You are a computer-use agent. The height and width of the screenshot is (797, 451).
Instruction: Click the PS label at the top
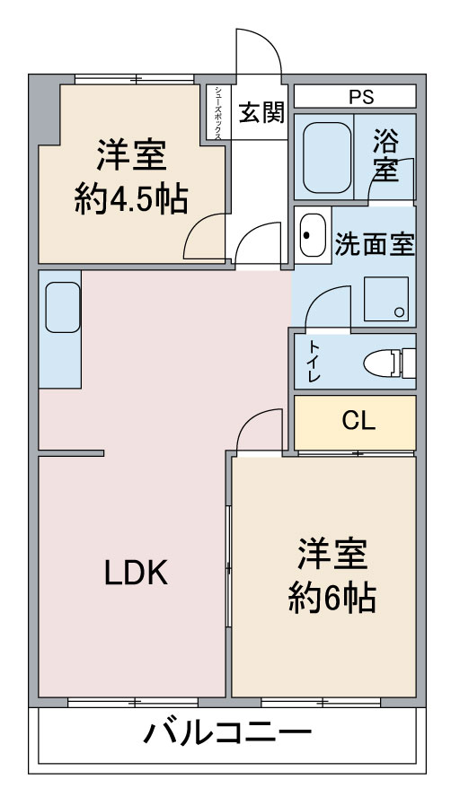361,97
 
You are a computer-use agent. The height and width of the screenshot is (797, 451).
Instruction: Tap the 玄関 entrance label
261,112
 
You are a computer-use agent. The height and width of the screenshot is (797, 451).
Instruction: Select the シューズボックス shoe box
218,112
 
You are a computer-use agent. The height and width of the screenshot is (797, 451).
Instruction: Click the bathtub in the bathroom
327,157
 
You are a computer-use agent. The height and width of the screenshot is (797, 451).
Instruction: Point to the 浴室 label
385,155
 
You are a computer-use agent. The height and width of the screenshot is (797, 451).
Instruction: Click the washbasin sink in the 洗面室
313,235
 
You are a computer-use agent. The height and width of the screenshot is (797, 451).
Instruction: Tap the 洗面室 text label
375,246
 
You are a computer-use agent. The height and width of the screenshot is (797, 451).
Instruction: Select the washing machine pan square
386,299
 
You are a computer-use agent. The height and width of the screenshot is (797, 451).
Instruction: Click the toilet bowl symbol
389,363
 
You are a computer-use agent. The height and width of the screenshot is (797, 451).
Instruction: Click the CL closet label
358,421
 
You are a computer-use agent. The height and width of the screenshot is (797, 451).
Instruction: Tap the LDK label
137,573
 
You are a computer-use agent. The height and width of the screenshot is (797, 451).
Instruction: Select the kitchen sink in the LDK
63,308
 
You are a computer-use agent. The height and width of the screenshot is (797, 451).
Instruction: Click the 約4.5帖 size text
131,199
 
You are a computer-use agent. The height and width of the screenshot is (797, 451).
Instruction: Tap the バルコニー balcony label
227,733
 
